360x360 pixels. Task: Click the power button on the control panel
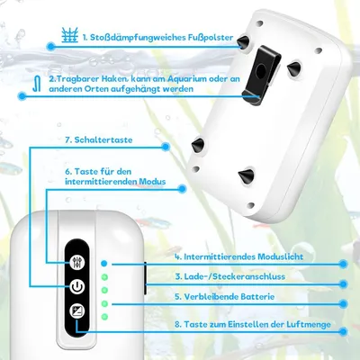coord(77,287)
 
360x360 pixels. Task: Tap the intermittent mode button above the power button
coord(77,263)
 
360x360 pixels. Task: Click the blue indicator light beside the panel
coord(104,264)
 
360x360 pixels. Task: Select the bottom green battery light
coord(104,317)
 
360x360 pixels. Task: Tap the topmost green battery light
coord(104,277)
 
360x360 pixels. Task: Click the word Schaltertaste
coord(103,139)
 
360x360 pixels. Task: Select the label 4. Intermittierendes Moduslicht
coord(239,256)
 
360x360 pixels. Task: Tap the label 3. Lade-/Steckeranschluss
coord(230,276)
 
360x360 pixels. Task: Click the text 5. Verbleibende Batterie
coord(225,297)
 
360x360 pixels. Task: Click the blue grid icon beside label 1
coord(70,35)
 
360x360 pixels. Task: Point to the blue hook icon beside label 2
coord(37,83)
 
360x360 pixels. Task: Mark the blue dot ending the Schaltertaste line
coord(166,147)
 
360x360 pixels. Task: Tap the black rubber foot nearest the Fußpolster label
coord(243,42)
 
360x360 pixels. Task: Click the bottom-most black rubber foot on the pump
coord(246,175)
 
